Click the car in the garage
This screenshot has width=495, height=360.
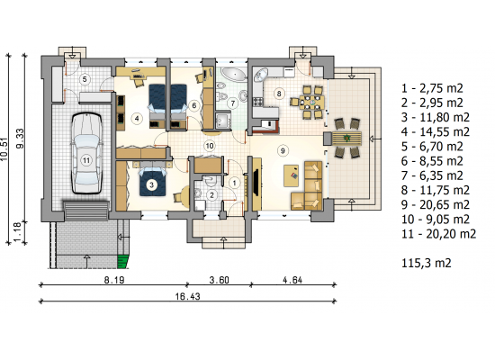tap(86, 153)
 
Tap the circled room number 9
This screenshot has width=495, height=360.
tap(283, 150)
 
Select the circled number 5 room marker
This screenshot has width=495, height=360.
tap(85, 78)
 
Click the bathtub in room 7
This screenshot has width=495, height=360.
tap(234, 74)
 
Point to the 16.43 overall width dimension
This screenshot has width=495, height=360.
tap(188, 296)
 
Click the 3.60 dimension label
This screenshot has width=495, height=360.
tap(220, 280)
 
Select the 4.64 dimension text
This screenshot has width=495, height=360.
tap(292, 280)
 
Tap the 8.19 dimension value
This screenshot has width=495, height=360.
tap(114, 280)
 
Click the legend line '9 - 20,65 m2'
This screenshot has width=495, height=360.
tap(436, 204)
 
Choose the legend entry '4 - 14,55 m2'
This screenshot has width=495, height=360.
tap(436, 131)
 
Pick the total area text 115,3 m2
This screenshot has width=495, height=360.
tap(427, 263)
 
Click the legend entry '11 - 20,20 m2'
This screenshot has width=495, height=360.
tap(439, 234)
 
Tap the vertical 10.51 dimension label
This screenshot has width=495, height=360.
tap(4, 149)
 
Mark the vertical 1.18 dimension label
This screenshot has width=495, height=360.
tap(18, 232)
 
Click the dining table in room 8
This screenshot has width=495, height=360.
tap(309, 103)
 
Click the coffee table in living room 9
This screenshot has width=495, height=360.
tap(292, 175)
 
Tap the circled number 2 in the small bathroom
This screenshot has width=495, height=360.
tap(211, 195)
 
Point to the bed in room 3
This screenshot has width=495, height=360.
tap(152, 182)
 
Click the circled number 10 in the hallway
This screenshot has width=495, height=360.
tap(210, 146)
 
